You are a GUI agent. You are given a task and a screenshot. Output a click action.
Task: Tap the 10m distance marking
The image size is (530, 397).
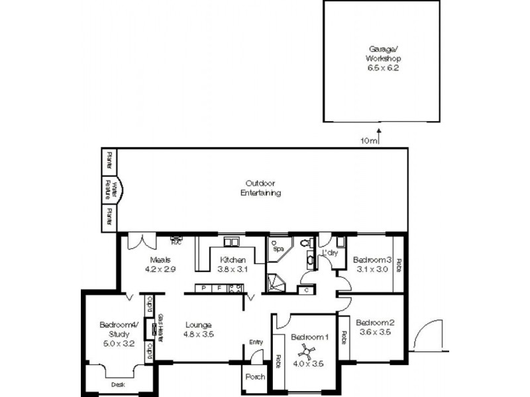click(x=370, y=140)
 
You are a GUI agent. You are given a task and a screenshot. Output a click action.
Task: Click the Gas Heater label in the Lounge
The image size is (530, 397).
click(x=160, y=328)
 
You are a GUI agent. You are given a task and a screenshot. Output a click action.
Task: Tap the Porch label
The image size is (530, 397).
click(x=255, y=376)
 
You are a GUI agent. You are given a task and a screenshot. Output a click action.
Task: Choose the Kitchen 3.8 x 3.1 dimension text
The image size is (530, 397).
click(x=233, y=269)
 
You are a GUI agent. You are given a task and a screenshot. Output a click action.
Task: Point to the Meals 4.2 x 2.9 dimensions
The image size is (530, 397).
click(x=160, y=269)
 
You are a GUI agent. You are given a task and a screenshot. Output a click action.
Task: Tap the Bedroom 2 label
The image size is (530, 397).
click(x=374, y=322)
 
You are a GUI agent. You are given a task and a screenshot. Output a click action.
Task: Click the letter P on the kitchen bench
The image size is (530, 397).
click(x=203, y=288)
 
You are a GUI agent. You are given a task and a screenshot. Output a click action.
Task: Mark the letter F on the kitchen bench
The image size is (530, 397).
click(x=218, y=288)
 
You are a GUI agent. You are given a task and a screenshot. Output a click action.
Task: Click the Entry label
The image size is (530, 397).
click(x=256, y=341)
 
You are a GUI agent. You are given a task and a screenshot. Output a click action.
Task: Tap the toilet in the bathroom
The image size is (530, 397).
click(x=305, y=244)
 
